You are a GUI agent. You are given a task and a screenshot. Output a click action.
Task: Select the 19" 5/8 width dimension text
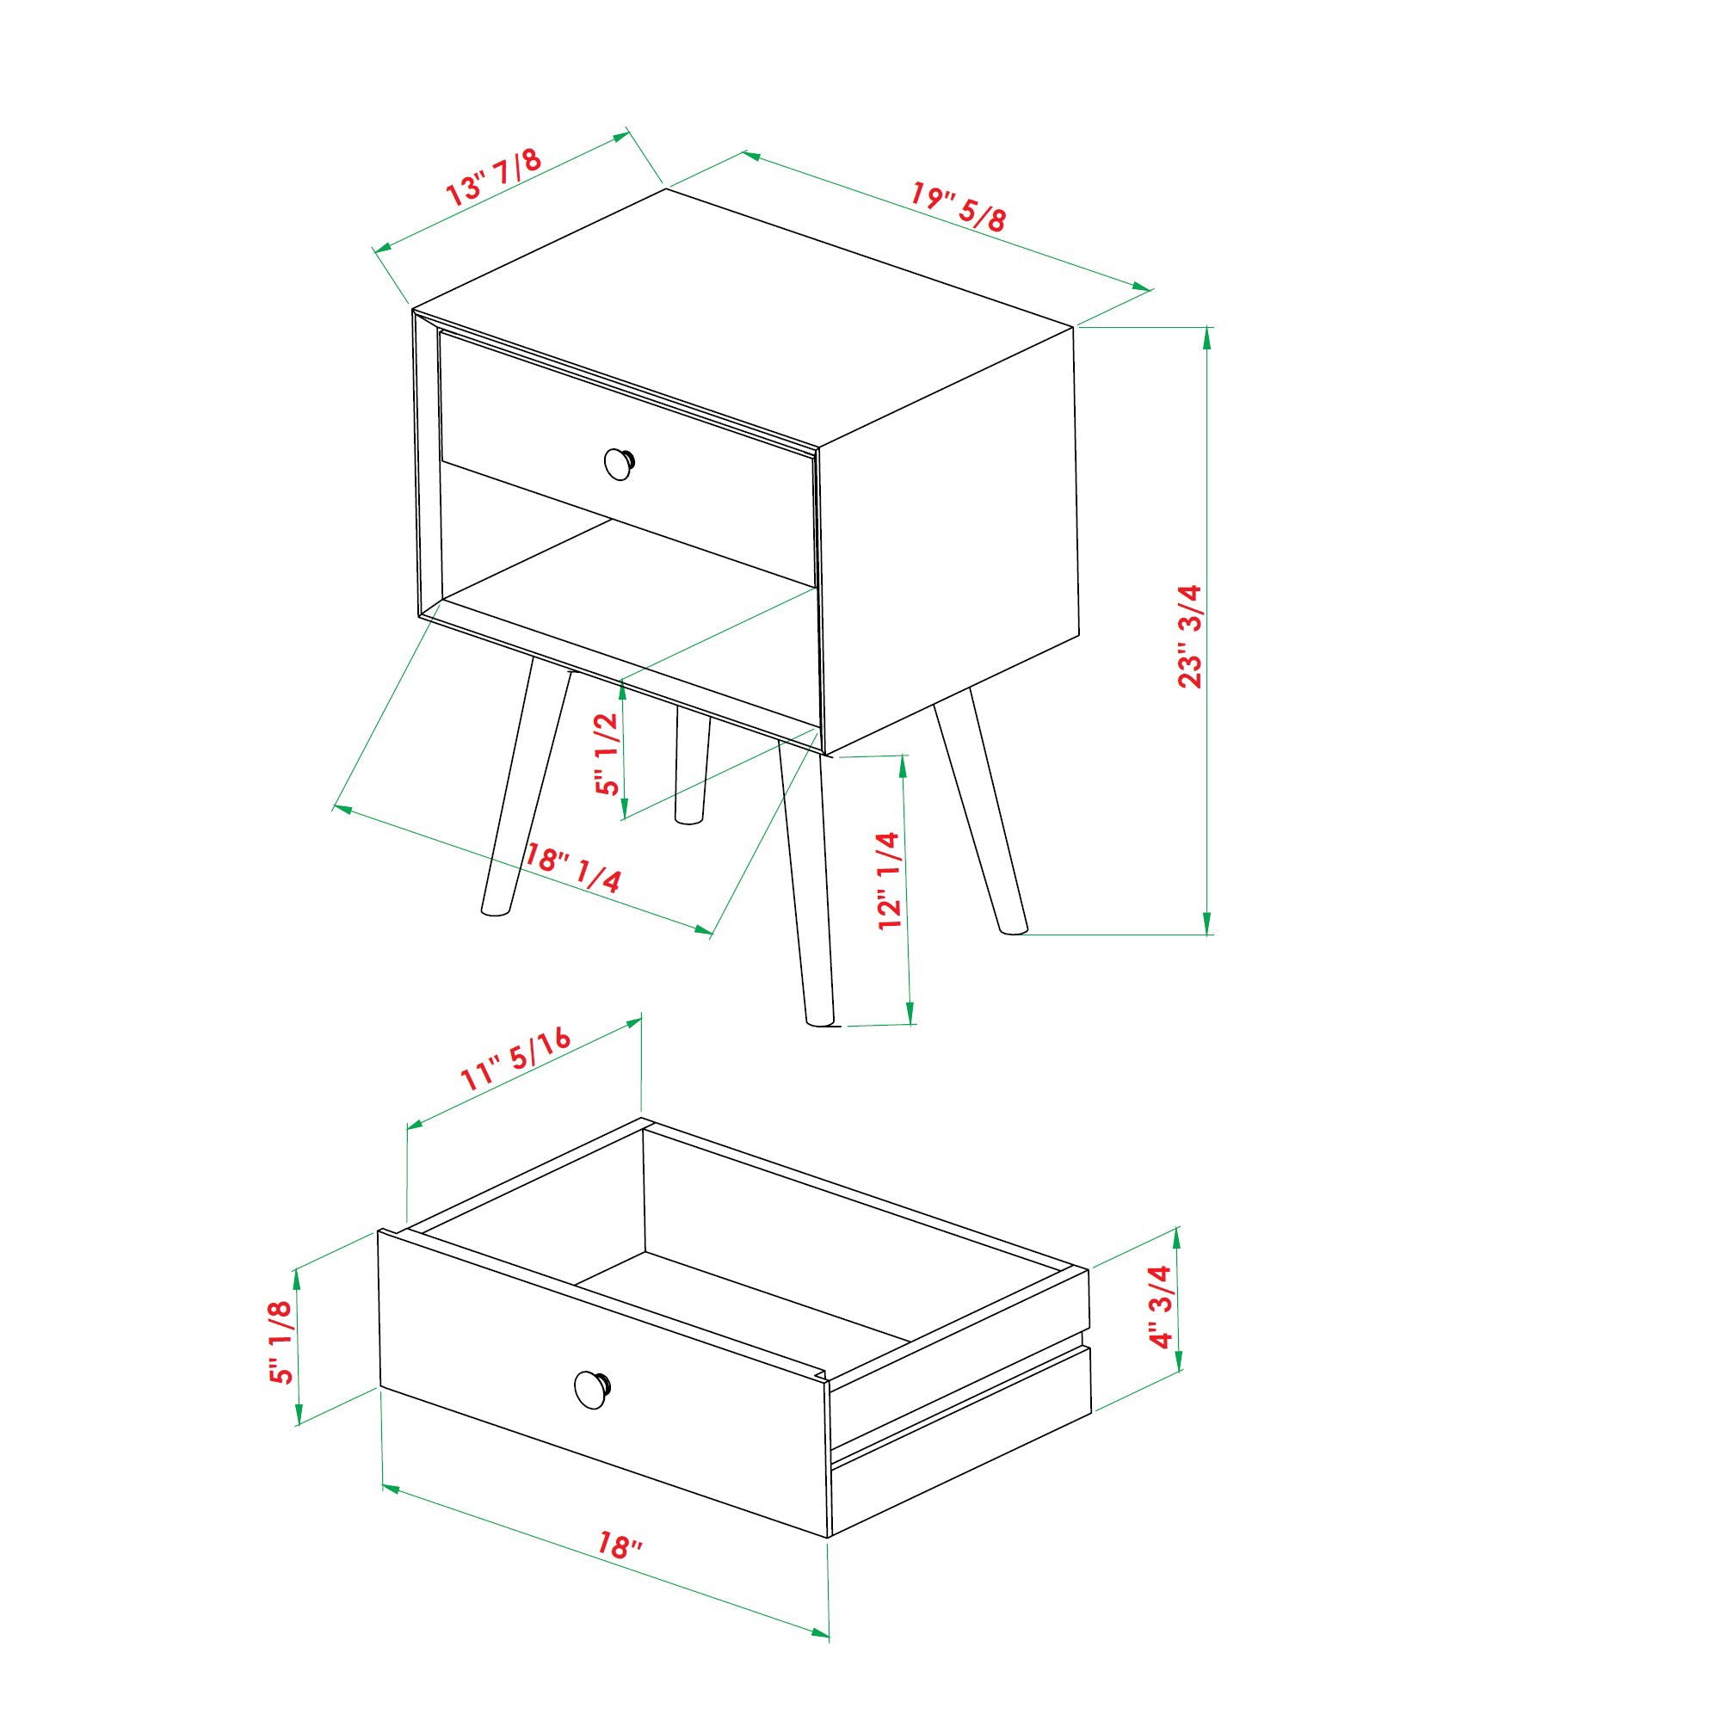point(959,206)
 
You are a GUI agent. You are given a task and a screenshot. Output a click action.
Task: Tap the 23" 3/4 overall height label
point(1191,636)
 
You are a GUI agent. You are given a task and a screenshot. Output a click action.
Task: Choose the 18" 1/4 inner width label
point(572,867)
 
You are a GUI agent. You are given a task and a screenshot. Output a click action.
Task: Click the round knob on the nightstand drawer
point(618,463)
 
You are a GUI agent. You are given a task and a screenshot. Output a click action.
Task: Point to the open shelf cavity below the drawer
point(624,571)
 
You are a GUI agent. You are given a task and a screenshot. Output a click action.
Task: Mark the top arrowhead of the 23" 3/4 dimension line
point(1207,336)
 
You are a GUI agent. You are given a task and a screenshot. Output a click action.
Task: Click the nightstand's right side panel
point(948,534)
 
